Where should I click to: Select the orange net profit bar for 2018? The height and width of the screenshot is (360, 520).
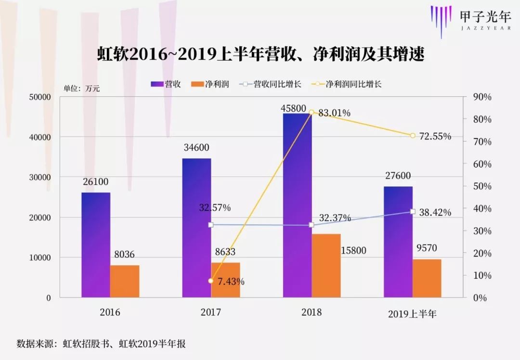[326, 266]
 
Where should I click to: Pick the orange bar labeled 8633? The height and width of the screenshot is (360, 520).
[225, 280]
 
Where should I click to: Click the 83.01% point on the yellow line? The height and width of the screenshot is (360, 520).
[312, 112]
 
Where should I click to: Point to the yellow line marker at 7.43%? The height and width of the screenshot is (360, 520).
[211, 281]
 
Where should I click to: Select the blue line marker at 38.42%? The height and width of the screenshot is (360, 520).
[413, 211]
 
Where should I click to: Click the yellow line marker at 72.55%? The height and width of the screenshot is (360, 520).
[413, 136]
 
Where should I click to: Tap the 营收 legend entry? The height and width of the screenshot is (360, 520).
[166, 84]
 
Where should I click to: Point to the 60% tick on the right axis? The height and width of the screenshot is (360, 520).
[482, 164]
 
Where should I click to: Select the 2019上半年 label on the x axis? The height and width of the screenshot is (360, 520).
[412, 314]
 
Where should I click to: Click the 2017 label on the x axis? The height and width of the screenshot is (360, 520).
[211, 312]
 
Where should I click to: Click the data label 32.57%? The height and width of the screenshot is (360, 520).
[215, 208]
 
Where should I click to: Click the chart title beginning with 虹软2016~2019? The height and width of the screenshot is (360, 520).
[260, 54]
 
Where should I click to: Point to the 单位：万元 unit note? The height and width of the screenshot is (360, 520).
[82, 89]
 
